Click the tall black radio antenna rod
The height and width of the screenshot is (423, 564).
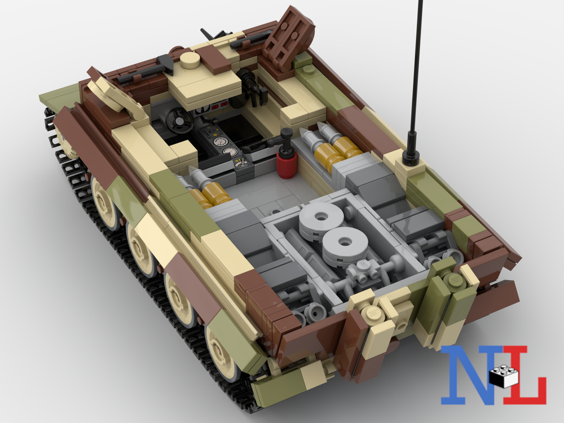[417, 73]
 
